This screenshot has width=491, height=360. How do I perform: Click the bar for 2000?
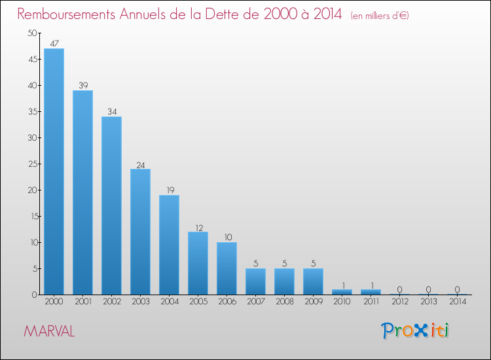point(54,171)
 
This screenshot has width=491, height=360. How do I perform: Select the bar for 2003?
point(140,232)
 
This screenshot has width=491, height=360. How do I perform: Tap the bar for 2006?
point(227,268)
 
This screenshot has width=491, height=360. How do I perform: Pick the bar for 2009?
point(313,281)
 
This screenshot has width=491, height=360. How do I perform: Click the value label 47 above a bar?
point(54,43)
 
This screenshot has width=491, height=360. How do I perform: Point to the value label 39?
point(82,85)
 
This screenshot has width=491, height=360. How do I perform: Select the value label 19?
point(169,190)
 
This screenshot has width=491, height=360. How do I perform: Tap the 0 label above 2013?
point(428,289)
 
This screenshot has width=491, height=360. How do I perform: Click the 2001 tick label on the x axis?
point(82,302)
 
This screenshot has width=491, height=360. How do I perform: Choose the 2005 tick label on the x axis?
point(198,302)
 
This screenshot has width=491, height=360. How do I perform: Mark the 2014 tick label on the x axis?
point(457,302)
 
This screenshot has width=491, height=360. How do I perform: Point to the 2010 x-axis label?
point(342,302)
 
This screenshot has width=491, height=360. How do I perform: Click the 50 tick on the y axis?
point(32,33)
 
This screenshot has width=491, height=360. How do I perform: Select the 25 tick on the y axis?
point(32,164)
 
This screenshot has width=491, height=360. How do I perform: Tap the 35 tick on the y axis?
point(32,112)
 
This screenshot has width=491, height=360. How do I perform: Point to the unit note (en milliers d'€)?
point(380,15)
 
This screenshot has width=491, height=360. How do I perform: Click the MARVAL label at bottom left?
point(49,331)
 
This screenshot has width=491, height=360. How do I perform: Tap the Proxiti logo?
point(415,331)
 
